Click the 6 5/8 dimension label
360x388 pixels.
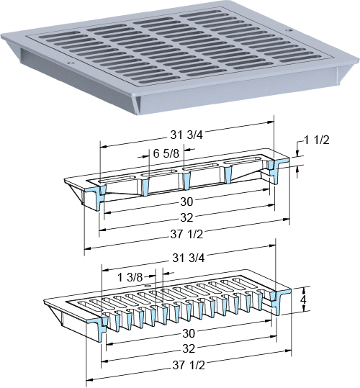[x=166, y=153]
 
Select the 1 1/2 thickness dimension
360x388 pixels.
[x=317, y=140]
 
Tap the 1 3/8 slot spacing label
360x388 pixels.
[x=130, y=277]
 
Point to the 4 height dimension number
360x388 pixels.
[x=302, y=299]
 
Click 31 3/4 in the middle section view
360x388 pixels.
[x=186, y=135]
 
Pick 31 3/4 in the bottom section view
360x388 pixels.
[x=189, y=258]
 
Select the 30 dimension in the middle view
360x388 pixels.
[x=186, y=202]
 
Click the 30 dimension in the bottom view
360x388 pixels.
[x=189, y=333]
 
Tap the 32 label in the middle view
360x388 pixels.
[x=186, y=217]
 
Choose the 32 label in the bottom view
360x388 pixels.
[x=189, y=348]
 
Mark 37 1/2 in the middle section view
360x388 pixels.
[x=186, y=234]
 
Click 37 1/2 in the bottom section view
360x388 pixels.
[x=189, y=365]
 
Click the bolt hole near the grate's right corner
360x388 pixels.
[x=288, y=30]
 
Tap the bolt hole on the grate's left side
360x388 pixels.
[x=71, y=63]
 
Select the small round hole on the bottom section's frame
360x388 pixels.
[x=148, y=286]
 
